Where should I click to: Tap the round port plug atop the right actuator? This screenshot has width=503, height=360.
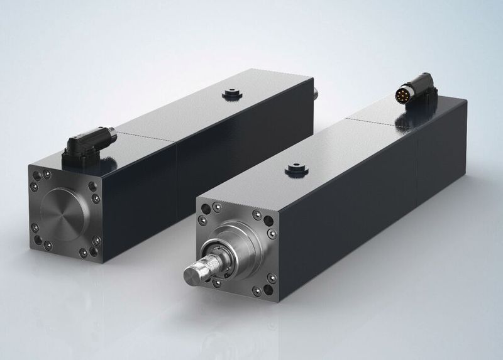point(294,168)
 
